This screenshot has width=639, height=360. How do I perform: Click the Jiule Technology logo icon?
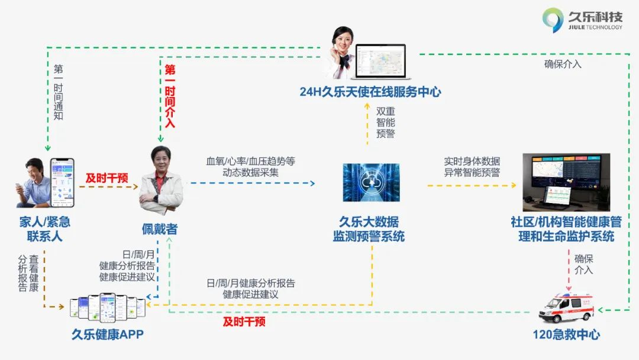(x=553, y=20)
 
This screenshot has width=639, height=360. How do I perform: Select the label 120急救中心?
(x=566, y=335)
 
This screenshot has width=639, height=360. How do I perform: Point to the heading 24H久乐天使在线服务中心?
(x=370, y=92)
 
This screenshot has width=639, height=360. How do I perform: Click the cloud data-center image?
(x=371, y=182)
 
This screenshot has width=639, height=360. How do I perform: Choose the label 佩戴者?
(x=160, y=229)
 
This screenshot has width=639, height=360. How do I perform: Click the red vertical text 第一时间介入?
(x=170, y=97)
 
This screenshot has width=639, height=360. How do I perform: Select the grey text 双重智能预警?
(x=386, y=123)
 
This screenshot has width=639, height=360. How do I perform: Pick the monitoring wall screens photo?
(x=566, y=182)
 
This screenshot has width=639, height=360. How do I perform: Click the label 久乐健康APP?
(x=108, y=335)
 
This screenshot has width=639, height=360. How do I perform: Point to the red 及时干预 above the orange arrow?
(x=106, y=178)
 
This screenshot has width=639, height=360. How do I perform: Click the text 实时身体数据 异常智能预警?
(x=472, y=167)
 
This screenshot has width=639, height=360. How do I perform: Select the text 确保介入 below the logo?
(x=563, y=64)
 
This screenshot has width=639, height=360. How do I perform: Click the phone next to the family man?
(x=62, y=182)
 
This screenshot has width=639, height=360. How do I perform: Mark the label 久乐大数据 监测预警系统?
(x=369, y=229)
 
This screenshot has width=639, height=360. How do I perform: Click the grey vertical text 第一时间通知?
(x=58, y=92)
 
